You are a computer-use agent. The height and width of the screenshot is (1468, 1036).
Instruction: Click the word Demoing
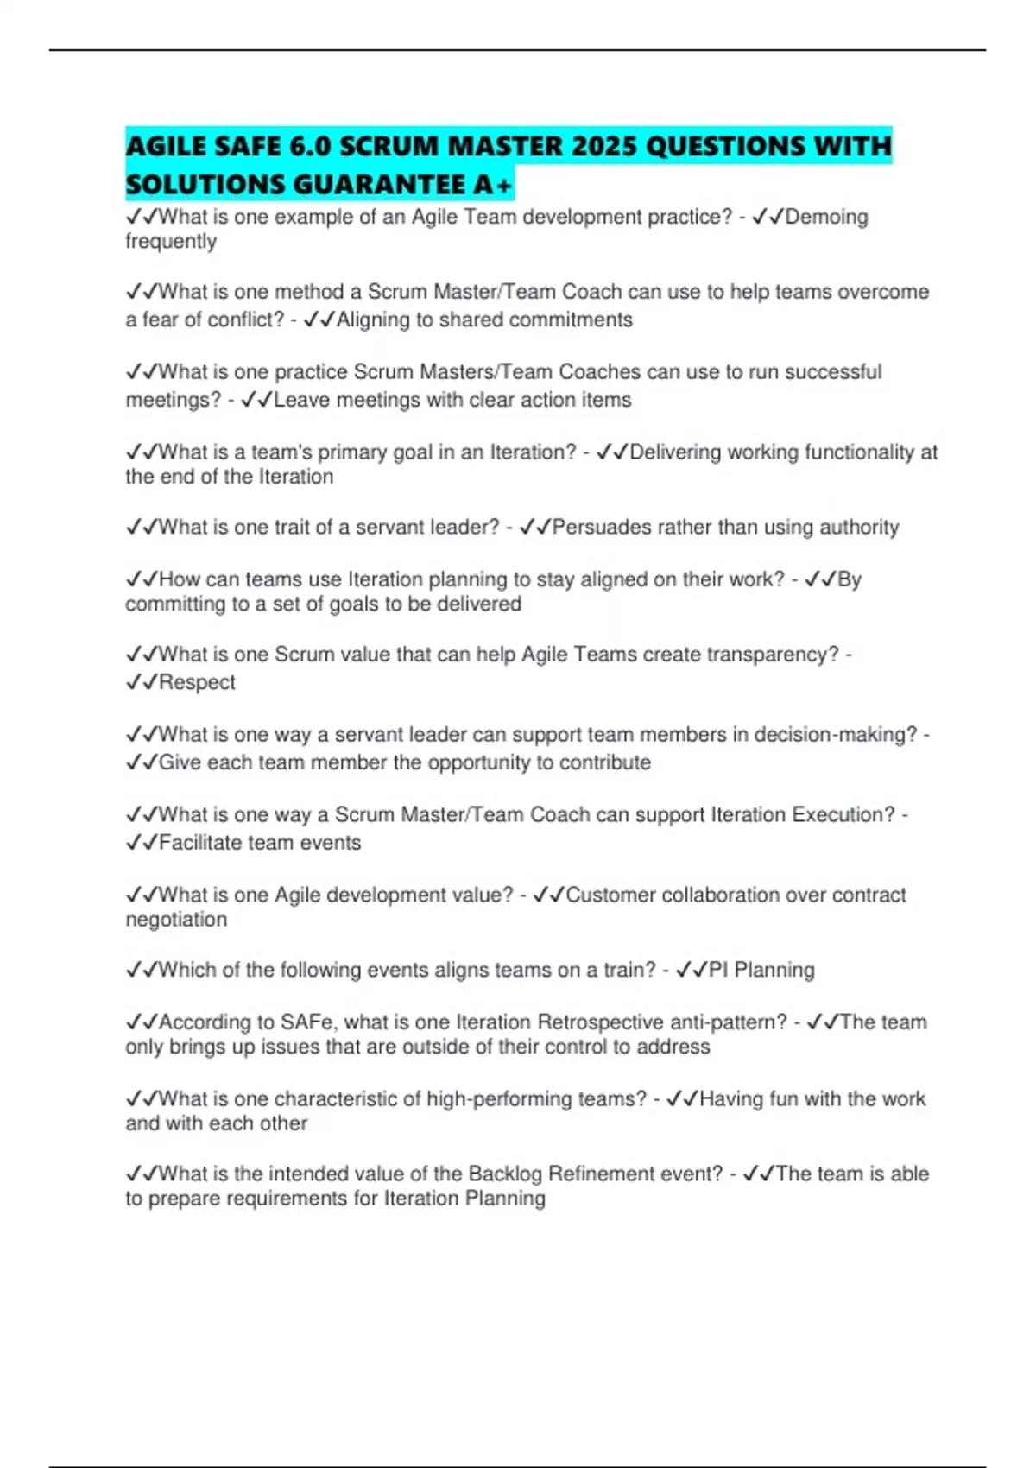[826, 217]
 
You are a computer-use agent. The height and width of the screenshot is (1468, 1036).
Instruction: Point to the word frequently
[171, 242]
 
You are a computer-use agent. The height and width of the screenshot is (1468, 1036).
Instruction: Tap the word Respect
[197, 682]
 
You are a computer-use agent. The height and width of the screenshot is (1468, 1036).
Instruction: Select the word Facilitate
[200, 843]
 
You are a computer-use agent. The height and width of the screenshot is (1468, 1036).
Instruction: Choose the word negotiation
[176, 920]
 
